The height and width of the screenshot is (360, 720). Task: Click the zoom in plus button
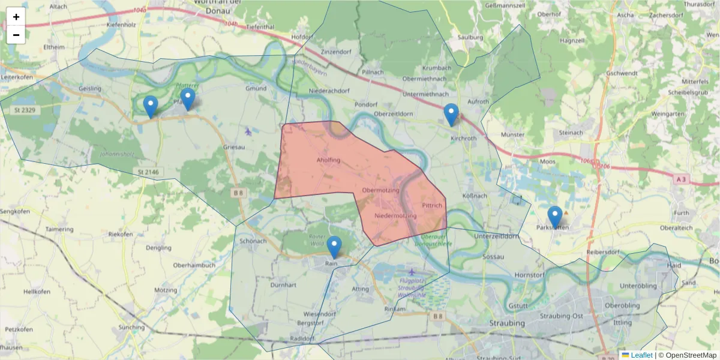[16, 17]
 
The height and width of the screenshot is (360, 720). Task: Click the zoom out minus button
[16, 35]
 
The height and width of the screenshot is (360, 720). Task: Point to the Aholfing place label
[328, 160]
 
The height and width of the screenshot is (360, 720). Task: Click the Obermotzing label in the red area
[380, 190]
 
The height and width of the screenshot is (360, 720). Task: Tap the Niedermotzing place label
[395, 215]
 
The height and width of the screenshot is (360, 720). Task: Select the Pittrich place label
[432, 205]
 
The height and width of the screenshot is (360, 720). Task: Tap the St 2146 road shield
[148, 172]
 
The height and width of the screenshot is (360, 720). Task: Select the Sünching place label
[131, 328]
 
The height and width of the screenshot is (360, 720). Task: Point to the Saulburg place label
[470, 37]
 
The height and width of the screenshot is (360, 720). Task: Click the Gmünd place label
[256, 88]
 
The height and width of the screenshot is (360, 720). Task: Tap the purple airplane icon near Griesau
[248, 131]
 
